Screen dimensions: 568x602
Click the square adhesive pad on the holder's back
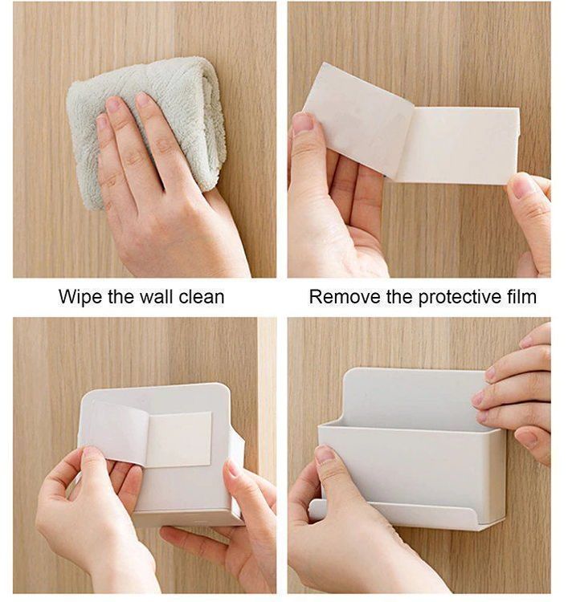179,440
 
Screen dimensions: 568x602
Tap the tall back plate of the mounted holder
413,397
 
